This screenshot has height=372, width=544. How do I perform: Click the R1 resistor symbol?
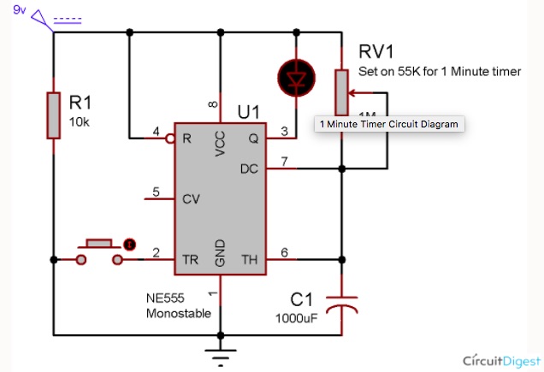(x=53, y=115)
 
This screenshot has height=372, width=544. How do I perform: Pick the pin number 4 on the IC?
(x=156, y=131)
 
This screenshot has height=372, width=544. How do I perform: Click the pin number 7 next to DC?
(x=285, y=162)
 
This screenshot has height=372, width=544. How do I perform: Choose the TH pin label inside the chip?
(x=249, y=259)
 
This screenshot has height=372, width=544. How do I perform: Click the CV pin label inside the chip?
(x=192, y=199)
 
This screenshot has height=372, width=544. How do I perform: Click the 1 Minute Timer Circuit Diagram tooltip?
(x=388, y=124)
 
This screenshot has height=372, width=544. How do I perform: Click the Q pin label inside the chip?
(x=253, y=137)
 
